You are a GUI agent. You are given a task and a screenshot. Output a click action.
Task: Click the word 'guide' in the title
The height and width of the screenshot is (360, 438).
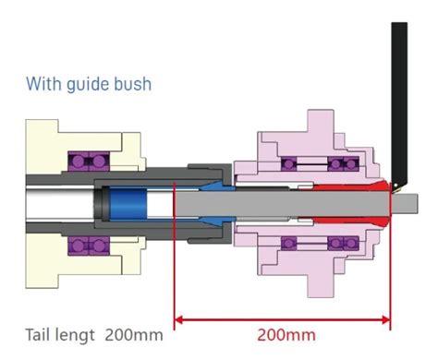tap(88, 84)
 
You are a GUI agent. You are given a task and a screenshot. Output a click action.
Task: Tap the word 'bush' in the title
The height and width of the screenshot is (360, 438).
tap(131, 84)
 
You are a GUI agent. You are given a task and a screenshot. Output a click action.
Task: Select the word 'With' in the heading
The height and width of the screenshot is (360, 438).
tap(43, 84)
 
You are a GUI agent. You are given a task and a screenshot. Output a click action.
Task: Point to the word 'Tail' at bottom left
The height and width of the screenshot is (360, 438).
tap(39, 332)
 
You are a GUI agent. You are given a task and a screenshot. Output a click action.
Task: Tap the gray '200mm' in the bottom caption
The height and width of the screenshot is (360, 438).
tap(132, 332)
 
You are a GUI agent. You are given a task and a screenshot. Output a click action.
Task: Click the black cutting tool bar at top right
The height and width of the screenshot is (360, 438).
tap(398, 92)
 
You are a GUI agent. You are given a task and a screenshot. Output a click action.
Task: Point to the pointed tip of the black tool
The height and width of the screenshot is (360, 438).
tap(393, 185)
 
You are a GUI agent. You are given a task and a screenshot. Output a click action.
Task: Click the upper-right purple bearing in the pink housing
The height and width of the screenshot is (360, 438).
tap(345, 163)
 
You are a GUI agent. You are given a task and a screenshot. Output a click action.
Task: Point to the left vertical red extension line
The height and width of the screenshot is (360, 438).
tap(176, 268)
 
